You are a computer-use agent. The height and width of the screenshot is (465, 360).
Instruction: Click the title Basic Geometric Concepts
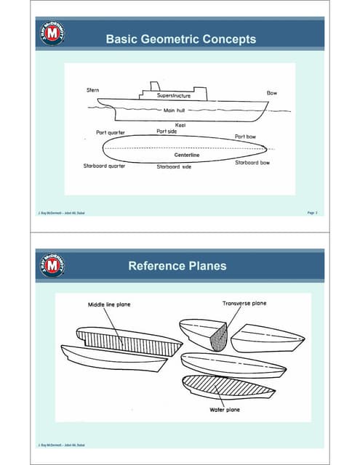tap(180, 39)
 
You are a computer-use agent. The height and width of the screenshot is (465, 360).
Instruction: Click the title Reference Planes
tap(177, 266)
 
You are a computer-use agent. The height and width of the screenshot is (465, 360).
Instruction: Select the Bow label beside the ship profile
tap(272, 94)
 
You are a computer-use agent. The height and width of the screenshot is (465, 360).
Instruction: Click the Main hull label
tap(173, 110)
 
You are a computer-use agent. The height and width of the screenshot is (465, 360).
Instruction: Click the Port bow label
tap(244, 136)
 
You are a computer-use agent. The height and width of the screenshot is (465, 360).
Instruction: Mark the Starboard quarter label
tap(105, 166)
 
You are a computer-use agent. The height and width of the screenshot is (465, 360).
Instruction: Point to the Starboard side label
tap(174, 166)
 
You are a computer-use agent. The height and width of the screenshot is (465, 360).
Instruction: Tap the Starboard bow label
tap(252, 163)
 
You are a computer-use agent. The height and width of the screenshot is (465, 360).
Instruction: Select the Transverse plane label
tap(244, 303)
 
